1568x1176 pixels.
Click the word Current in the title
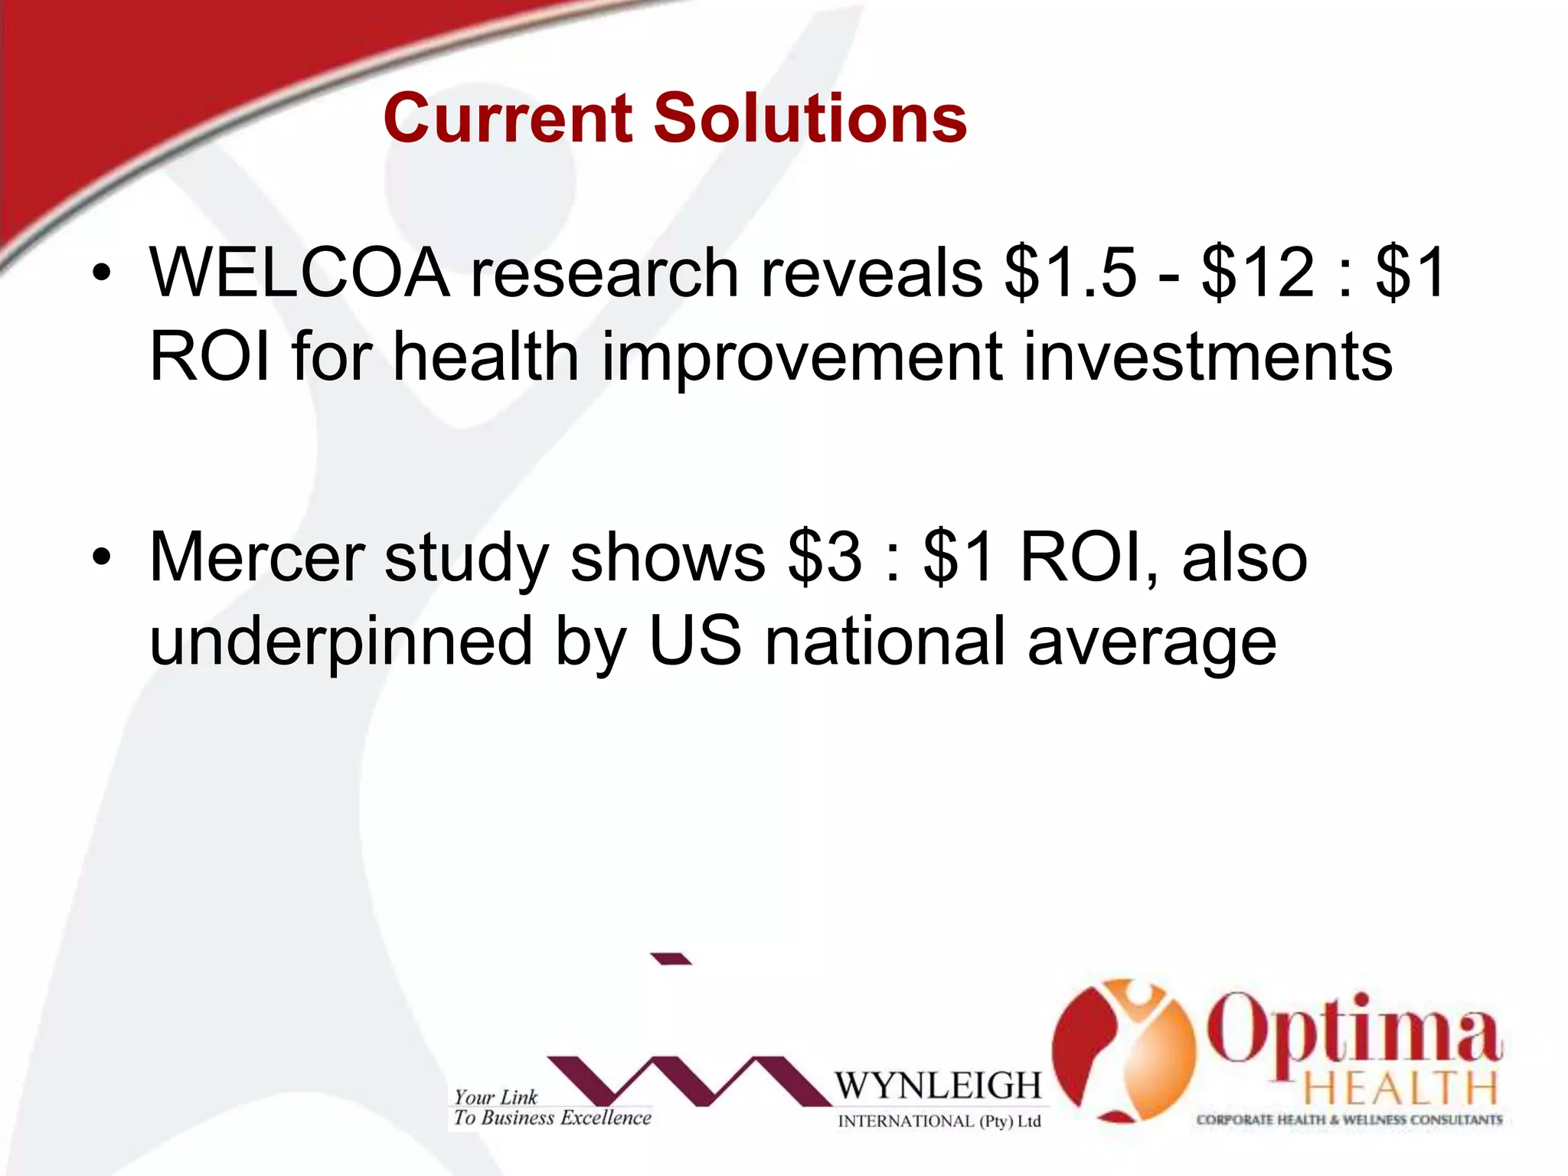(x=507, y=119)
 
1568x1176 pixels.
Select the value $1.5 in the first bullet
(x=1070, y=273)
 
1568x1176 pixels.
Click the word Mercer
(x=256, y=557)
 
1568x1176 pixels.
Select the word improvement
(x=802, y=358)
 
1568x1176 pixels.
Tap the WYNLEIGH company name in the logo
(x=938, y=1086)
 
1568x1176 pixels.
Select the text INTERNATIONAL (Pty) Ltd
(x=939, y=1122)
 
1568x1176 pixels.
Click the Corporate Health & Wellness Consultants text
(x=1349, y=1120)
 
